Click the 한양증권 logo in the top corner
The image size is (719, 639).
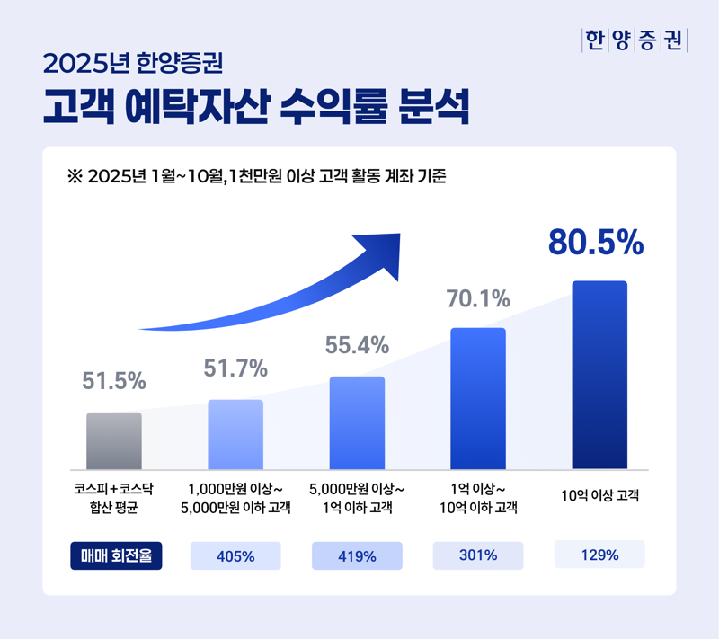point(635,40)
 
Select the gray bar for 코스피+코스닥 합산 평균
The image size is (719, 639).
point(114,440)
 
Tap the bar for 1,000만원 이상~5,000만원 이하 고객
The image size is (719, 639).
point(235,434)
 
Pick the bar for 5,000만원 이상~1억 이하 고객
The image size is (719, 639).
point(357,422)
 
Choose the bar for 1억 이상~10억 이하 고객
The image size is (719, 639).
point(478,398)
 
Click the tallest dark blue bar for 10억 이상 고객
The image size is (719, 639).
point(599,375)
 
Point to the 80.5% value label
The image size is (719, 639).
point(596,243)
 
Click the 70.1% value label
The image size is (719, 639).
point(478,298)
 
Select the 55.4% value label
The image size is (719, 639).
point(357,345)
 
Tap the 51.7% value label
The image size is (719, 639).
point(235,368)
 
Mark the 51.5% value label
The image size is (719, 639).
point(114,381)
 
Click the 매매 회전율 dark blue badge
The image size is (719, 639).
point(115,555)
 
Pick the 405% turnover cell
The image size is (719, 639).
point(235,555)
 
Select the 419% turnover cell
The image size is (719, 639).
point(357,555)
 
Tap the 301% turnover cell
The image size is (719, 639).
point(478,555)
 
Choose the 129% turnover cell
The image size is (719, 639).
point(599,555)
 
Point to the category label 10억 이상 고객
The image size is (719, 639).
point(599,495)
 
